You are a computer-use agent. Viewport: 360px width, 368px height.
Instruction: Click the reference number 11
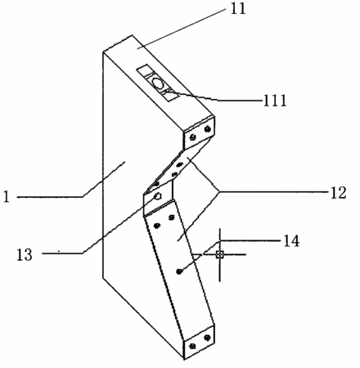238,9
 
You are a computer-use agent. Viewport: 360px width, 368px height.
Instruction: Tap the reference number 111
275,101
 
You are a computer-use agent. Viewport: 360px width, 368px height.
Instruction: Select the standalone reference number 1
7,196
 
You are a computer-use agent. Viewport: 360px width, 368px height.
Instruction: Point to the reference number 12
339,193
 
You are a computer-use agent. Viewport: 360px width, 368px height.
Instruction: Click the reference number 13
25,255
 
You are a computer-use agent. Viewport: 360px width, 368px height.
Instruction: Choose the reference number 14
291,241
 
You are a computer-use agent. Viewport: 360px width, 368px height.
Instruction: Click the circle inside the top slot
158,83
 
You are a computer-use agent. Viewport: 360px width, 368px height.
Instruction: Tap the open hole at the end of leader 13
158,196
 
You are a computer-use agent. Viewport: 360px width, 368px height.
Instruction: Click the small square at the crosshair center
220,254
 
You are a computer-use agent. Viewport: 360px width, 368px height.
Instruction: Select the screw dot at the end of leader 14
179,272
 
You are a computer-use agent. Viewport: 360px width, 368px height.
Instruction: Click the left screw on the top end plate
193,137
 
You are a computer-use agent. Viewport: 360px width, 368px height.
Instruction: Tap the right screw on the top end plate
208,128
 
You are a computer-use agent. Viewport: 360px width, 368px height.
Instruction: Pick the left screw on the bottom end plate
193,346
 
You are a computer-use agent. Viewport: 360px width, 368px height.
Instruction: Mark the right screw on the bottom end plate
208,338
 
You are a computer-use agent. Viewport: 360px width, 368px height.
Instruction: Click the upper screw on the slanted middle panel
180,164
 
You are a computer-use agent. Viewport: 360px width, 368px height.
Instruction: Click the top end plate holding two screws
199,132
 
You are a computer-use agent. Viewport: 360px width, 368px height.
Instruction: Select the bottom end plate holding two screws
199,342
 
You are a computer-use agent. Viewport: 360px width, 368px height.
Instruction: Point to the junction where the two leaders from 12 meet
219,192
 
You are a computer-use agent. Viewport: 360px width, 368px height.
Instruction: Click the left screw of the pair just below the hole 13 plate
157,226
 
